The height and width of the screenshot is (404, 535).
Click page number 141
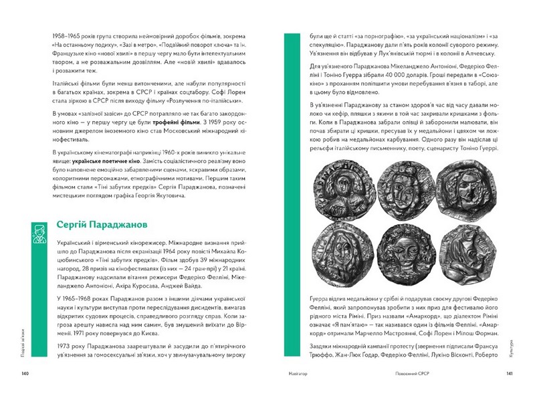509,373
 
